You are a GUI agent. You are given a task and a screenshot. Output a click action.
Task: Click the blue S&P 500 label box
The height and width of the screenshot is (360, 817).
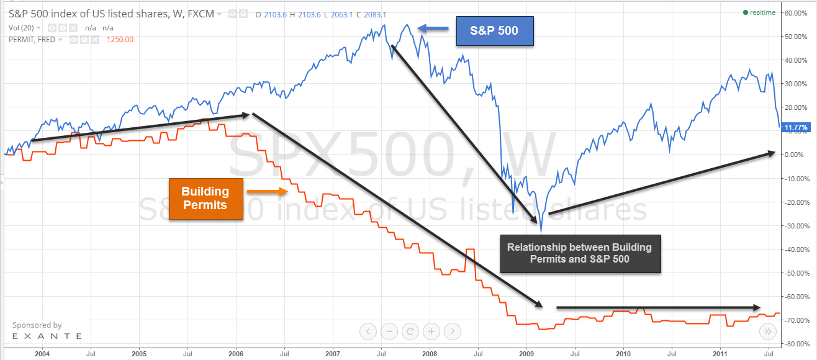pos(495,31)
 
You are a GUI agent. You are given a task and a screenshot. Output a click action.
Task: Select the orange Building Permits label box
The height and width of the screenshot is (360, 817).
pos(205,198)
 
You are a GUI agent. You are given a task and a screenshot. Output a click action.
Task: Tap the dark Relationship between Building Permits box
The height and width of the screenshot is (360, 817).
pos(579,253)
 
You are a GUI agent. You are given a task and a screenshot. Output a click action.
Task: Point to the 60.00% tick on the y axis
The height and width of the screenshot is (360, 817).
pos(797,12)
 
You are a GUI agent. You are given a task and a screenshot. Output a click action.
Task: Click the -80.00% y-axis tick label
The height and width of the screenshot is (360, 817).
pos(797,343)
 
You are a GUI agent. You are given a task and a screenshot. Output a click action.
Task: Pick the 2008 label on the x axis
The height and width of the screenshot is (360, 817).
pos(429,354)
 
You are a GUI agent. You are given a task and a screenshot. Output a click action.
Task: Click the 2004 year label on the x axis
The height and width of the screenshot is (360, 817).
pos(42,354)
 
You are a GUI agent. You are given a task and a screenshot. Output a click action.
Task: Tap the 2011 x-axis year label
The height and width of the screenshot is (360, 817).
pos(720,354)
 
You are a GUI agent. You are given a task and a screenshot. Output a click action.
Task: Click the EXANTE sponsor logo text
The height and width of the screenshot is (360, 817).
pos(47,336)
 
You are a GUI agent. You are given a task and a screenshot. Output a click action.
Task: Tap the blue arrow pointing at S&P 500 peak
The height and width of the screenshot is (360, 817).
pos(432,27)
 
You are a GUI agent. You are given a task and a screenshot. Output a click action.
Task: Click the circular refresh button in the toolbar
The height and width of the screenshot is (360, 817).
pos(409,331)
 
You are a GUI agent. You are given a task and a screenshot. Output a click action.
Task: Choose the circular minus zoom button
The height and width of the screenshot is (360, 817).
pos(388,331)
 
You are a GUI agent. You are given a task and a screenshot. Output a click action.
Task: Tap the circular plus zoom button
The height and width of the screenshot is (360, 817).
pos(431,331)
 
